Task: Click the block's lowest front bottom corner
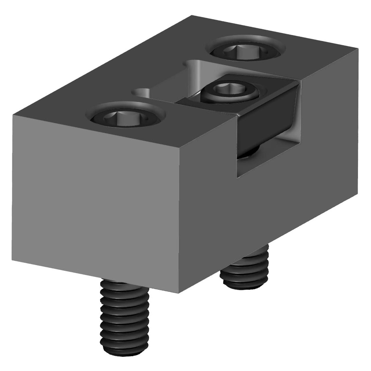[179, 293]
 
